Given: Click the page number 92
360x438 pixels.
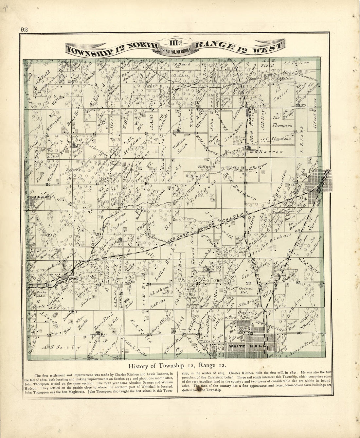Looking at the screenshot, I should [24, 29].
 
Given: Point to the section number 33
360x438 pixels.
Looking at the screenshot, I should [149, 334].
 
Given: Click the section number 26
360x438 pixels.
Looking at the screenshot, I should [248, 283].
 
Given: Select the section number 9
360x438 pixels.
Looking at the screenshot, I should [146, 133].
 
